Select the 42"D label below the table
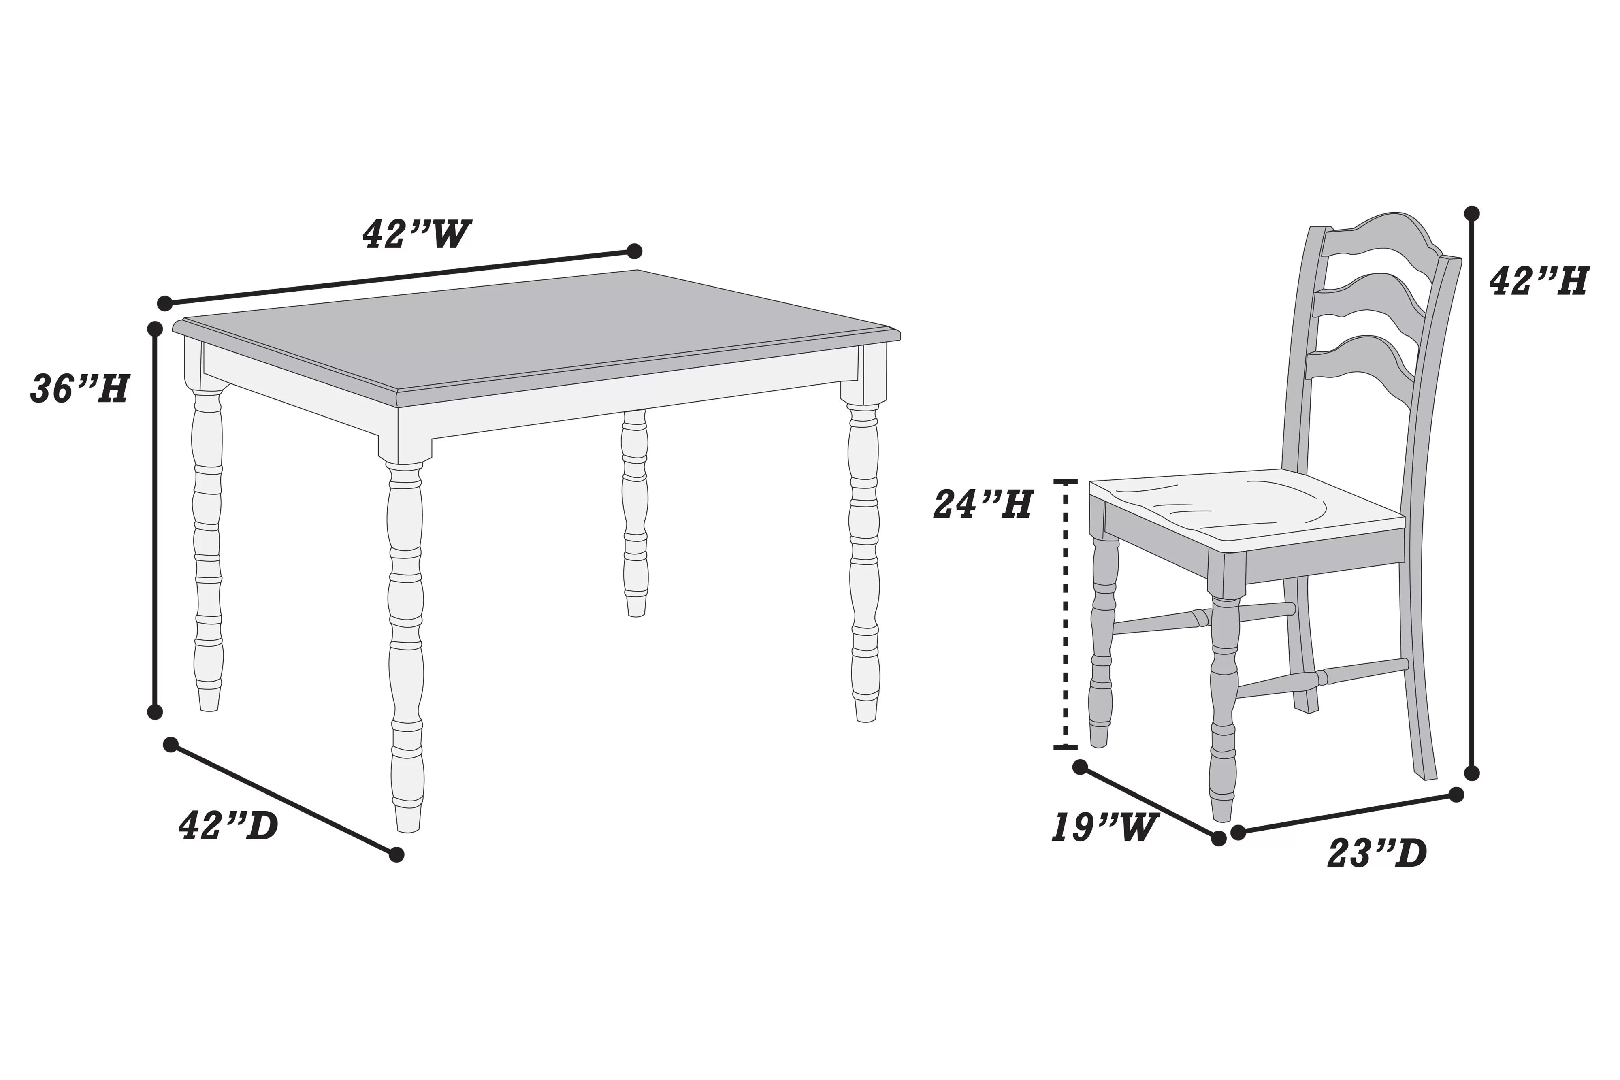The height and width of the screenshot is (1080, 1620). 229,825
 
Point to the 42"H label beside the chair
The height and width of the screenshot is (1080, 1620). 1539,281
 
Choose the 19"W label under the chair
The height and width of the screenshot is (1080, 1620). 1103,827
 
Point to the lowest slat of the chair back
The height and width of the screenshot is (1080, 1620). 1357,358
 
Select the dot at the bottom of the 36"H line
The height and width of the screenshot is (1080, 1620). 155,711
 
